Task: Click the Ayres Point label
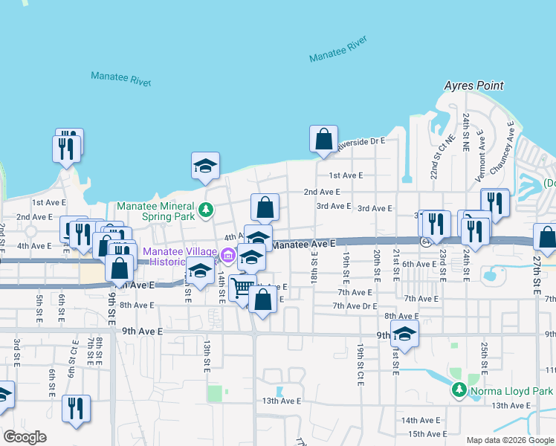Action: pos(473,85)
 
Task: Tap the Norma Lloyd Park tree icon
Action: pos(459,390)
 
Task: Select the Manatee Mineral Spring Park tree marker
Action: pos(210,210)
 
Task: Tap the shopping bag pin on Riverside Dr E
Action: pos(323,139)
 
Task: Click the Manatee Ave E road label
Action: pos(304,243)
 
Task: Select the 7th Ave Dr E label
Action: pos(355,306)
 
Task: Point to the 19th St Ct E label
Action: pos(360,363)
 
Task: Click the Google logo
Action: pos(25,437)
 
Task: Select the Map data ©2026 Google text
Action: pos(509,440)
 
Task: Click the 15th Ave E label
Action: pos(427,434)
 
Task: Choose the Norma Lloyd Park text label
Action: pos(512,390)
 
